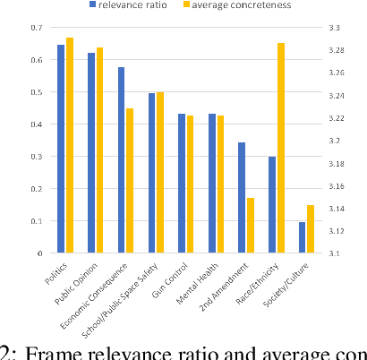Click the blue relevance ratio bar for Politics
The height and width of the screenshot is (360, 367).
coord(61,149)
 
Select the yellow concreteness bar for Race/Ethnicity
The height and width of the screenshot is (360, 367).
coord(281,148)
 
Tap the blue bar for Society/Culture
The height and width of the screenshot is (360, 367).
coord(302,237)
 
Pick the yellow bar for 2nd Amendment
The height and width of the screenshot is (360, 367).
coord(251,225)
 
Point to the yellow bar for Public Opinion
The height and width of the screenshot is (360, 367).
coord(99,150)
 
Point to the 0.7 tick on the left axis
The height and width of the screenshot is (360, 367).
coord(37,29)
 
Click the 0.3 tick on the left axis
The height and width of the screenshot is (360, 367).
coord(37,157)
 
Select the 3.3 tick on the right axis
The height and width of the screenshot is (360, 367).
coord(336,29)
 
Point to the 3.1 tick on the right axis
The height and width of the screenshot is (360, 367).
coord(336,253)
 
